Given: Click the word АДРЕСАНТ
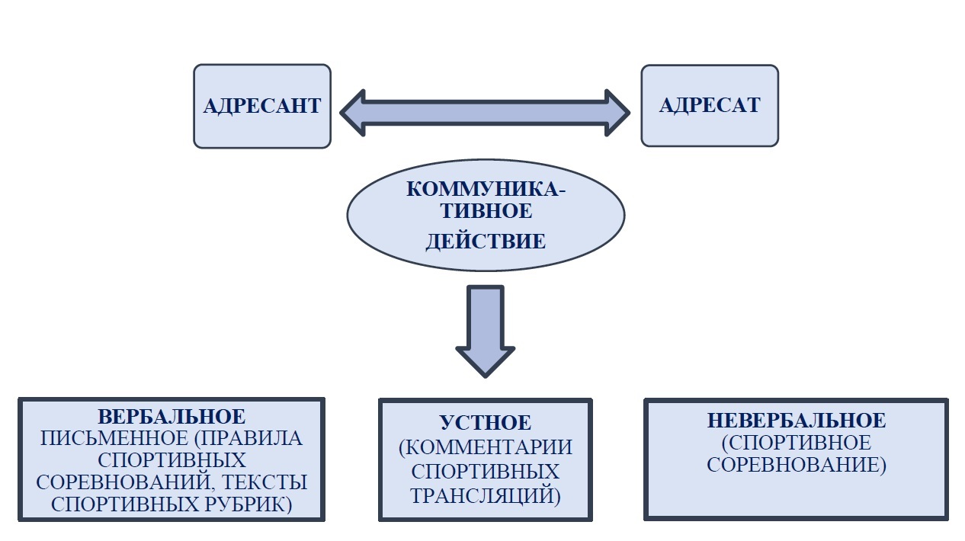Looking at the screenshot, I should [261, 106].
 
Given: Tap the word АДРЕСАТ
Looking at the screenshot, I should [709, 105].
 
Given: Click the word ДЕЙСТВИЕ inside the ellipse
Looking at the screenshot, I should [486, 242].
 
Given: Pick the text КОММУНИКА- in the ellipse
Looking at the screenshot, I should [486, 188].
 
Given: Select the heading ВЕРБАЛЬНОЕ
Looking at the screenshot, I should [172, 417].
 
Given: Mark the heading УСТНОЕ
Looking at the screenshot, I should [486, 424].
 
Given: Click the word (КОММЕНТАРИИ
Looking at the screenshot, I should [486, 447].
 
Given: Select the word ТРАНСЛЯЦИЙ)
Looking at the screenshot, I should [486, 495].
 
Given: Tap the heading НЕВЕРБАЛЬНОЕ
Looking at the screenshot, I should [797, 420].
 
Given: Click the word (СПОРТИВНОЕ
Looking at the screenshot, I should [797, 443].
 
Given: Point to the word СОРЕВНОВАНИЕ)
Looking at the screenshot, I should [797, 465].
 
